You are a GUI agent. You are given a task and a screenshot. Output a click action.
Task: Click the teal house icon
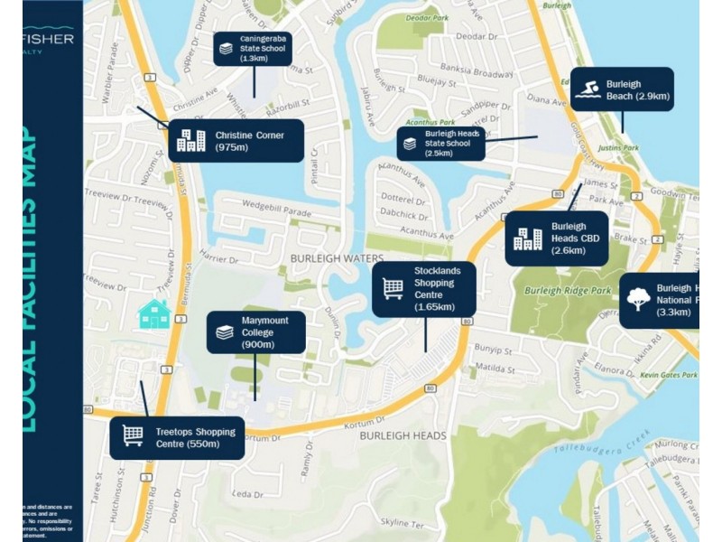154,314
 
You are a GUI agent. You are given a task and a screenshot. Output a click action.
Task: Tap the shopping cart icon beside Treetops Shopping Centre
133,436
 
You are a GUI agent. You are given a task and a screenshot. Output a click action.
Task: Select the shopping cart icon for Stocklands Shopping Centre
393,288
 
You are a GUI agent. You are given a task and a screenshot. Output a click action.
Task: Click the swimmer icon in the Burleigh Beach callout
588,89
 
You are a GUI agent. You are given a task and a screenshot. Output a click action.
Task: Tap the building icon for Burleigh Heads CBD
527,238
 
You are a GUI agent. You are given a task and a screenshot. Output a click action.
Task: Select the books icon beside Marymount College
225,332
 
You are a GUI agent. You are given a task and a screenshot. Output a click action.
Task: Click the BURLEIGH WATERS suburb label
337,258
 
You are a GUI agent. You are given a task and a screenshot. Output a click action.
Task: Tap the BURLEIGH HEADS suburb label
403,435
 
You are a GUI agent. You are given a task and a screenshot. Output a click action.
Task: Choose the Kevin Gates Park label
668,374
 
